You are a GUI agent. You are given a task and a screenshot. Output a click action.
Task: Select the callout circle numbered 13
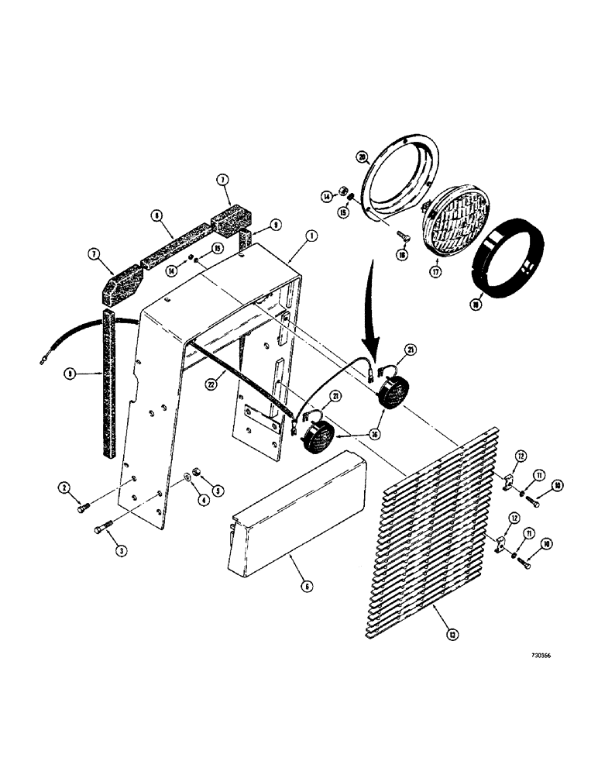441,638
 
